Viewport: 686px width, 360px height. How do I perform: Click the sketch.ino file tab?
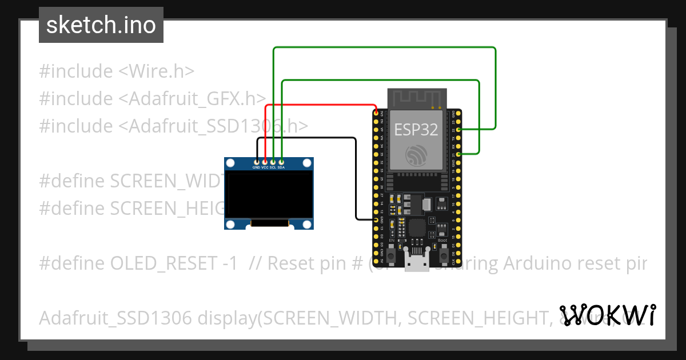point(101,25)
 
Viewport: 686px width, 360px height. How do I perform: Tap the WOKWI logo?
point(607,315)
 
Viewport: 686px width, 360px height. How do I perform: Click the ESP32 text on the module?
point(416,130)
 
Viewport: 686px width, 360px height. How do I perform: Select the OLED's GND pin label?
point(257,167)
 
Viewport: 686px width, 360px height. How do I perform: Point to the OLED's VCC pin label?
point(265,167)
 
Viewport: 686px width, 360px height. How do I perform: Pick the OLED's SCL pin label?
point(273,167)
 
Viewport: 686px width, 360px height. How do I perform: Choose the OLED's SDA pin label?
point(282,167)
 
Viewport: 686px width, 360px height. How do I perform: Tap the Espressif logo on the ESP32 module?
point(416,155)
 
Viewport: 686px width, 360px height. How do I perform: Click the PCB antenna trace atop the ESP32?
point(416,98)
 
